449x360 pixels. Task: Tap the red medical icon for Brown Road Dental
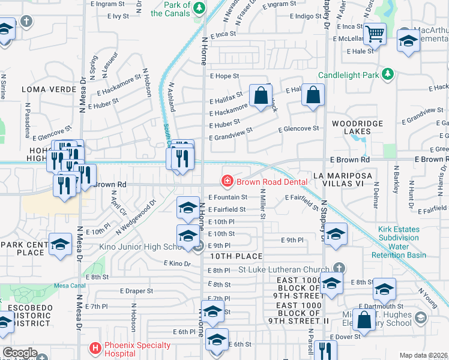coord(228,181)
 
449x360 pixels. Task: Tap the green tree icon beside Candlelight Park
coord(389,74)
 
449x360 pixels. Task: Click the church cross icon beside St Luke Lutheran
coord(339,268)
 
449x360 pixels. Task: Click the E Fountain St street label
coord(228,197)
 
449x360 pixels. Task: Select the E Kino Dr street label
coord(177,263)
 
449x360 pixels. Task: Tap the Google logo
coord(20,352)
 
